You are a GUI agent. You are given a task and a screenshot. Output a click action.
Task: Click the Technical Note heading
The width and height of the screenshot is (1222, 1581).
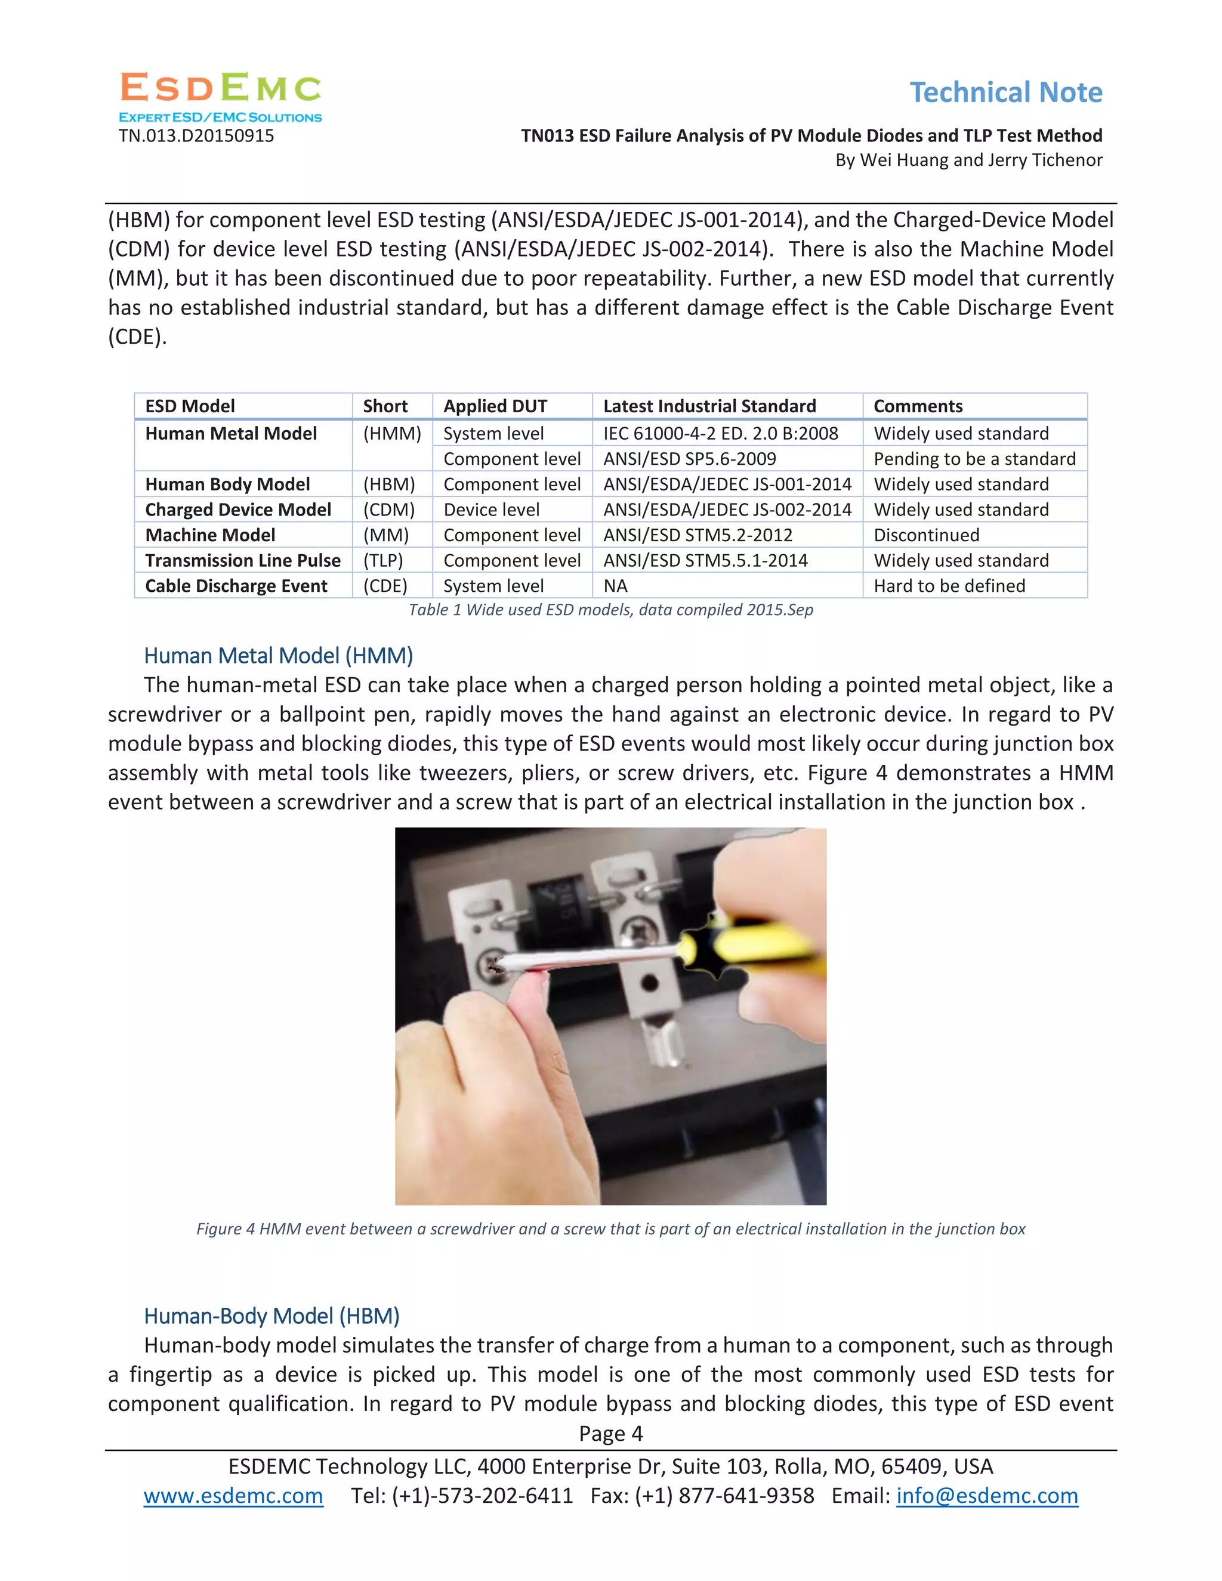[1005, 92]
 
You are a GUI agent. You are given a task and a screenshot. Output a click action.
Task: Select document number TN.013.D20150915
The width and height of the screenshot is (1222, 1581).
[196, 136]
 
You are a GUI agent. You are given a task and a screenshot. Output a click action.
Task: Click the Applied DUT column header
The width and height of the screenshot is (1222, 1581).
[495, 406]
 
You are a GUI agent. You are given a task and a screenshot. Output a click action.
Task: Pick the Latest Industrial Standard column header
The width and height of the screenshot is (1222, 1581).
[709, 406]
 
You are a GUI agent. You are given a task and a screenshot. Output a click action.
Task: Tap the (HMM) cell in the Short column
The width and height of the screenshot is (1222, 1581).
[391, 434]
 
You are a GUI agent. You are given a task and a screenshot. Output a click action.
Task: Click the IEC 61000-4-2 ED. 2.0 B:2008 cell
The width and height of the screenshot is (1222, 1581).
[720, 434]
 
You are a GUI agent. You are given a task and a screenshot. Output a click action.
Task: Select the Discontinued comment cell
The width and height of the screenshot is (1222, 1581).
[926, 535]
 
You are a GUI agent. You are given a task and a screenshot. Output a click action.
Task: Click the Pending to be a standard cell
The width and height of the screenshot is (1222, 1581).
[974, 459]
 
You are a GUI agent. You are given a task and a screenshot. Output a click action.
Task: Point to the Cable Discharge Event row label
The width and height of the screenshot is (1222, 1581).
[236, 586]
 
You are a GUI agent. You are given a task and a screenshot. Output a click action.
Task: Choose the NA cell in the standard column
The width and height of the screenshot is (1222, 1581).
[615, 586]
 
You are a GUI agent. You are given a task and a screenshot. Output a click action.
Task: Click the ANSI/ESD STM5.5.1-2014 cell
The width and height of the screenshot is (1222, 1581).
[705, 560]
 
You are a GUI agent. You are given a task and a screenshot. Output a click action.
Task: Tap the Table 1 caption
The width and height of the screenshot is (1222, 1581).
[610, 610]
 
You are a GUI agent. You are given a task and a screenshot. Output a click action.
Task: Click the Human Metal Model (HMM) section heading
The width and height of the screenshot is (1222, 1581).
[278, 656]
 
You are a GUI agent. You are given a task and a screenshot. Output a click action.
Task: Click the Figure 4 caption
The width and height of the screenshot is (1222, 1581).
[610, 1228]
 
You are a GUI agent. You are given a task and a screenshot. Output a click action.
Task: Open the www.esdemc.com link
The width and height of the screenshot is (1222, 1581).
[233, 1496]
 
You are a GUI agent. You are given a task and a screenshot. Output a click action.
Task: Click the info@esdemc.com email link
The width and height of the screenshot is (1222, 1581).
[987, 1496]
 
